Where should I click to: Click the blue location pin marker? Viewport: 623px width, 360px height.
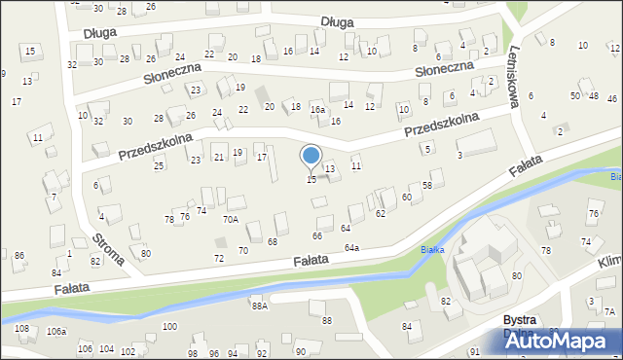311,157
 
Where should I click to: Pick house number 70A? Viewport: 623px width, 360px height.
230,220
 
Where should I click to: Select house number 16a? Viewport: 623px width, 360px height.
317,110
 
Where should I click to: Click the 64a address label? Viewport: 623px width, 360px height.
350,248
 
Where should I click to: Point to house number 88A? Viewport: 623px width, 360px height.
259,306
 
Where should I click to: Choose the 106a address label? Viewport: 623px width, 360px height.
55,332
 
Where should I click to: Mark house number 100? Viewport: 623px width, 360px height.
169,326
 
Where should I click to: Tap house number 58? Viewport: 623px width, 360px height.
426,186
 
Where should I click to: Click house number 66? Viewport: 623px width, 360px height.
317,236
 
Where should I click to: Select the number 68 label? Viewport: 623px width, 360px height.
273,241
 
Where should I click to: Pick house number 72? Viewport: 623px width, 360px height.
219,258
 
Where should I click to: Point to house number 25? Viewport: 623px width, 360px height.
159,166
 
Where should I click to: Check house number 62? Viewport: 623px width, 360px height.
381,212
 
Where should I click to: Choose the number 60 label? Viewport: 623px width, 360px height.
406,198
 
